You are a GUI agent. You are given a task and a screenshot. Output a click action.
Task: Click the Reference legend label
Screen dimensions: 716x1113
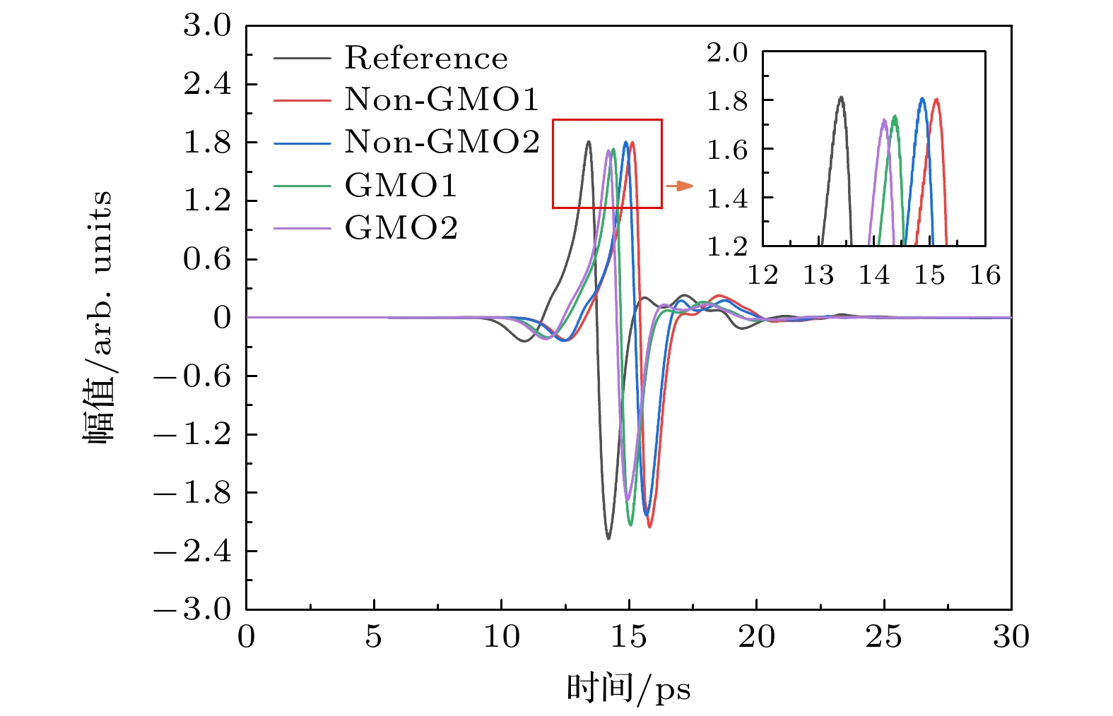[x=425, y=58]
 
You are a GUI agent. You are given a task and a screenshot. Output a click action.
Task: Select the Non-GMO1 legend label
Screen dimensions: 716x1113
[x=442, y=100]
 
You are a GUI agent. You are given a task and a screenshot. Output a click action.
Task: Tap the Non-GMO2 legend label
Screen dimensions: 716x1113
[x=442, y=142]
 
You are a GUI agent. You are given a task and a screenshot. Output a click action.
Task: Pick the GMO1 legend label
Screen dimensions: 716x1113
[x=401, y=185]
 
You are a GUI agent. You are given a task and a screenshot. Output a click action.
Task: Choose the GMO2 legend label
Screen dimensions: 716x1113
[x=401, y=227]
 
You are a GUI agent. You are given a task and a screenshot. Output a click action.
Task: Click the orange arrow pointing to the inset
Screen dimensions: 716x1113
[x=679, y=186]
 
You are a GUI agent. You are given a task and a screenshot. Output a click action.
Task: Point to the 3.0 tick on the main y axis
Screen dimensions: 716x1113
[x=207, y=25]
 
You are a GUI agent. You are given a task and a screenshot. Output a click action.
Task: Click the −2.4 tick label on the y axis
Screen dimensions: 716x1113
[x=192, y=551]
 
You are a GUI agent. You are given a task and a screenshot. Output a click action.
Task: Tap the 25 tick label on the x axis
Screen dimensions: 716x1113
[x=883, y=637]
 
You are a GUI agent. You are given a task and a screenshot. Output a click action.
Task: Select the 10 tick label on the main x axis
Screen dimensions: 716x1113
[x=501, y=637]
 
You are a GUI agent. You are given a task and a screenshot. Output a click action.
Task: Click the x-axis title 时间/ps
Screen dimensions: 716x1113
[x=628, y=688]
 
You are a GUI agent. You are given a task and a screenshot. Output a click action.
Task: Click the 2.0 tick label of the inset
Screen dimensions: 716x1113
[x=727, y=52]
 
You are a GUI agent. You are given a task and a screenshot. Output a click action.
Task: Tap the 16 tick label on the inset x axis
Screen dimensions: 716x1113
[x=985, y=275]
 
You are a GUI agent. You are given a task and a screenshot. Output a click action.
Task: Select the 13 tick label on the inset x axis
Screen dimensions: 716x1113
[x=818, y=275]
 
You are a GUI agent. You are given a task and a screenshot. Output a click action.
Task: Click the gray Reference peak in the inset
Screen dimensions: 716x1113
[x=841, y=97]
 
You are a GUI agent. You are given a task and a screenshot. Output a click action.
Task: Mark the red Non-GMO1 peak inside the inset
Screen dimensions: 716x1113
[x=936, y=100]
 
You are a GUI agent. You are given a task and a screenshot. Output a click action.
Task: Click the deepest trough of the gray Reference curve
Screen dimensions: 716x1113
[x=608, y=539]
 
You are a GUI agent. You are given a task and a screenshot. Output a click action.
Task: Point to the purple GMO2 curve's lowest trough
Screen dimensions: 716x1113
[x=627, y=500]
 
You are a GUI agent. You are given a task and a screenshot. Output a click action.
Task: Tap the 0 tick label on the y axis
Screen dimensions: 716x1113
[x=223, y=318]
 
